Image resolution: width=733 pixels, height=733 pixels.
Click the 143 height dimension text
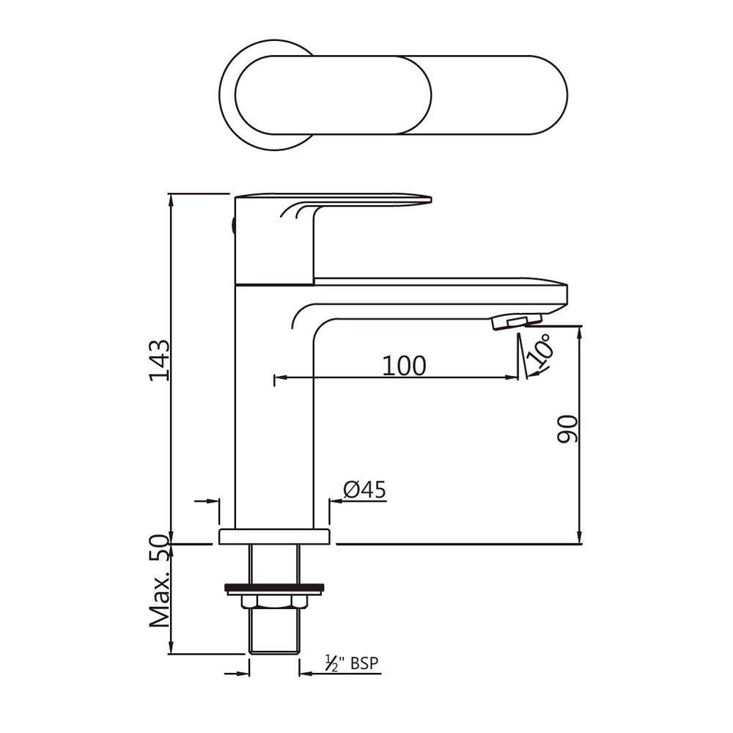tap(159, 359)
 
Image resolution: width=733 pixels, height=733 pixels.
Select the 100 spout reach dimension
tap(403, 365)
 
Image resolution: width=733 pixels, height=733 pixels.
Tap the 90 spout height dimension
tap(568, 429)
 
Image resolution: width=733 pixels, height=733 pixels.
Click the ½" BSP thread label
tap(353, 664)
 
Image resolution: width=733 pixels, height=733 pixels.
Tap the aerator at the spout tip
tap(517, 320)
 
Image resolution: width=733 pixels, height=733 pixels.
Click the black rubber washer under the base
tap(273, 586)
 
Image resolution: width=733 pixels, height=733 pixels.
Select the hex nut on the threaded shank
tap(273, 601)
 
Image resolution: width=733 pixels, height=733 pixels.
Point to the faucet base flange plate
tap(273, 537)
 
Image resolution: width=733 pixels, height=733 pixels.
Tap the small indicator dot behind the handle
tap(232, 225)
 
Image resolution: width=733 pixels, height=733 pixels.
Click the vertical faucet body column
tap(273, 410)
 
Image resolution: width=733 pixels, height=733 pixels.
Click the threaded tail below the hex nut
tap(273, 630)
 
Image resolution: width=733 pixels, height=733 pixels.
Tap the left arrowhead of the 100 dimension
tap(279, 379)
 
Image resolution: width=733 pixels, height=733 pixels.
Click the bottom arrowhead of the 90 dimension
tap(580, 538)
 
